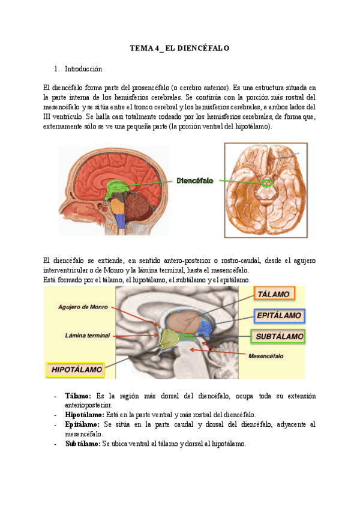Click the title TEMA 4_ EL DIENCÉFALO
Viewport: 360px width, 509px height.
tap(180, 47)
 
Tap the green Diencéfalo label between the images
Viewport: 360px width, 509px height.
tap(195, 180)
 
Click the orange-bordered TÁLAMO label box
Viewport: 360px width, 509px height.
tap(274, 294)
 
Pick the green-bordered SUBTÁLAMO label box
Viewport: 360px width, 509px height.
tap(279, 336)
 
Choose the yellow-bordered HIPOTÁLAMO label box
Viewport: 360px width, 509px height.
tap(75, 369)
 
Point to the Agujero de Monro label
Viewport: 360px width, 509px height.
tap(83, 307)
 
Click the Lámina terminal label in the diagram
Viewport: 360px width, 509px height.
tap(87, 335)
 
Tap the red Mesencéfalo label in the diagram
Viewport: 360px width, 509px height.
tap(266, 356)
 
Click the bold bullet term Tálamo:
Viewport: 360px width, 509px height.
tap(78, 396)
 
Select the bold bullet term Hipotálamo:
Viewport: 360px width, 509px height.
tap(84, 415)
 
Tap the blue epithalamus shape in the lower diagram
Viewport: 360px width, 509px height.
tap(206, 328)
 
